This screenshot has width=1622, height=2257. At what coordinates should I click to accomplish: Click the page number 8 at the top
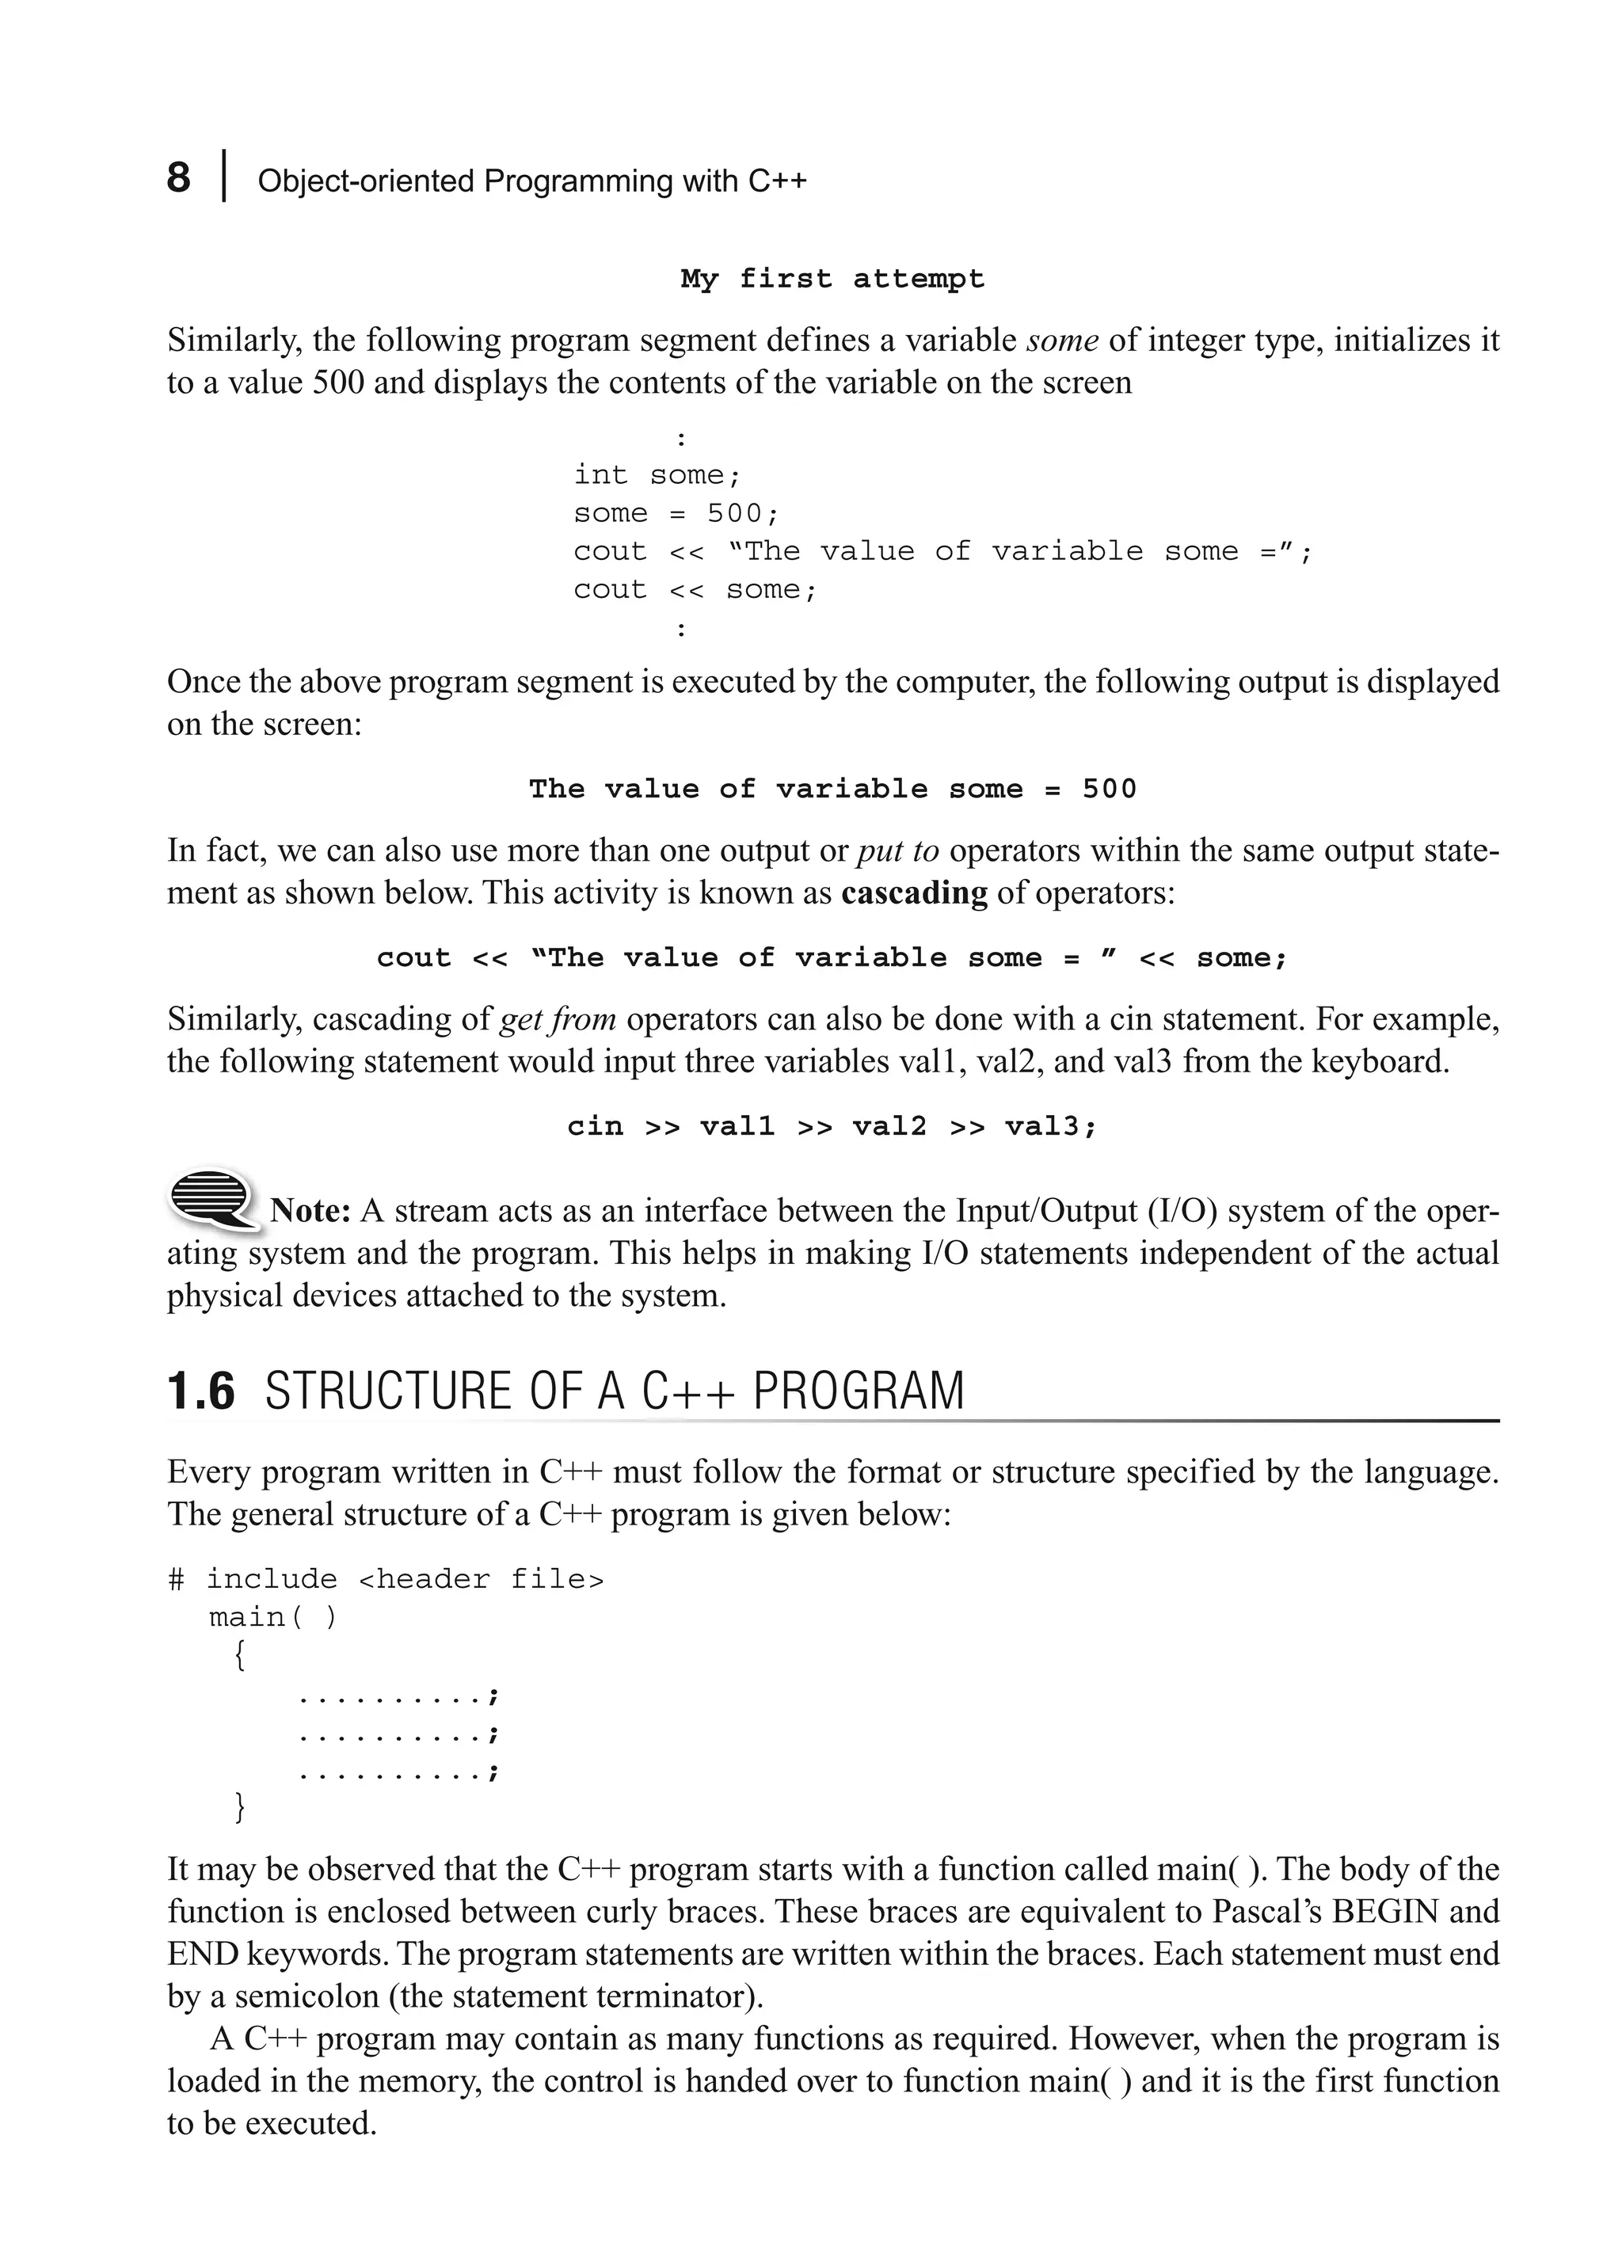pyautogui.click(x=178, y=179)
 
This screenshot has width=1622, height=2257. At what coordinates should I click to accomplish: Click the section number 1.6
pyautogui.click(x=201, y=1392)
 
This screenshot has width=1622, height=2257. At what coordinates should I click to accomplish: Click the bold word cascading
pyautogui.click(x=913, y=893)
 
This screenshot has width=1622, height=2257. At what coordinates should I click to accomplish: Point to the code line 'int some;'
pyautogui.click(x=657, y=474)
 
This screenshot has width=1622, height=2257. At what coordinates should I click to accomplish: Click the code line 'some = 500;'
pyautogui.click(x=676, y=513)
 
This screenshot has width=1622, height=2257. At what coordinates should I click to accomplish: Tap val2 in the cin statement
pyautogui.click(x=889, y=1126)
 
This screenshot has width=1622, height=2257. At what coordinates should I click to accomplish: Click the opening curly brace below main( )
pyautogui.click(x=239, y=1656)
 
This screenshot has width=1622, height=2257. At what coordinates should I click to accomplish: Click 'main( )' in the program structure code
pyautogui.click(x=272, y=1618)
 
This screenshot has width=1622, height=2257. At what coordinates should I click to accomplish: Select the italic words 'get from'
pyautogui.click(x=558, y=1019)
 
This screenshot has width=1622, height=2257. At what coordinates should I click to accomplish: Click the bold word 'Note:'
pyautogui.click(x=310, y=1211)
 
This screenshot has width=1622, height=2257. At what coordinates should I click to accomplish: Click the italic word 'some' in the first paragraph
pyautogui.click(x=1062, y=341)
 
